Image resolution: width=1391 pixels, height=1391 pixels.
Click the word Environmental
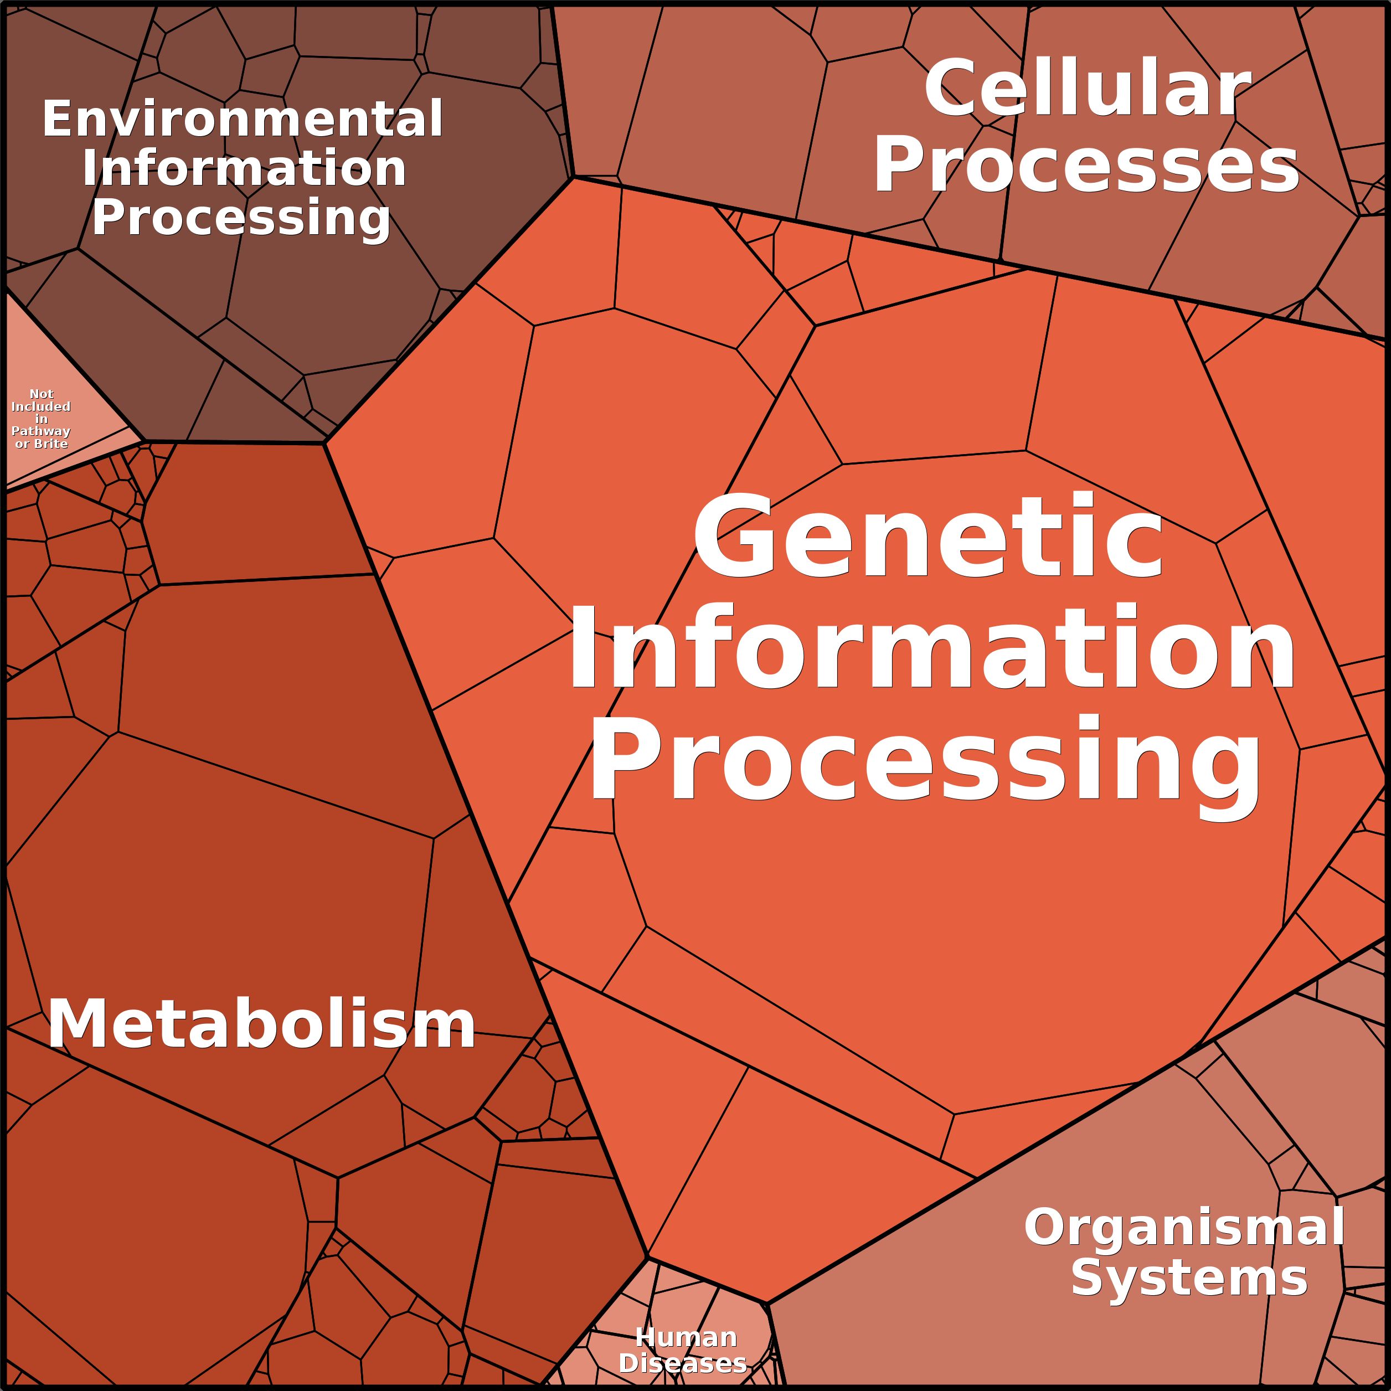242,120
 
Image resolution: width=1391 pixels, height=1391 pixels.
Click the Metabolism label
261,1024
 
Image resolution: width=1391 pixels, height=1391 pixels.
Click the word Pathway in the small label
41,432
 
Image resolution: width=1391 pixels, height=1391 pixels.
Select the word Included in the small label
41,407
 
